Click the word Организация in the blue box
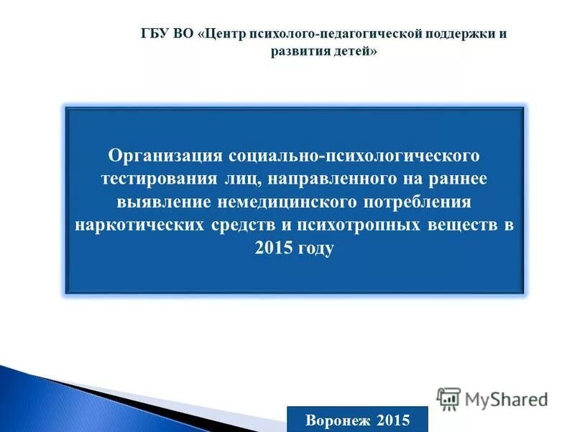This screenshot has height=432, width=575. click(x=167, y=156)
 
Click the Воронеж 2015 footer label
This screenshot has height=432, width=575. click(x=357, y=419)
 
